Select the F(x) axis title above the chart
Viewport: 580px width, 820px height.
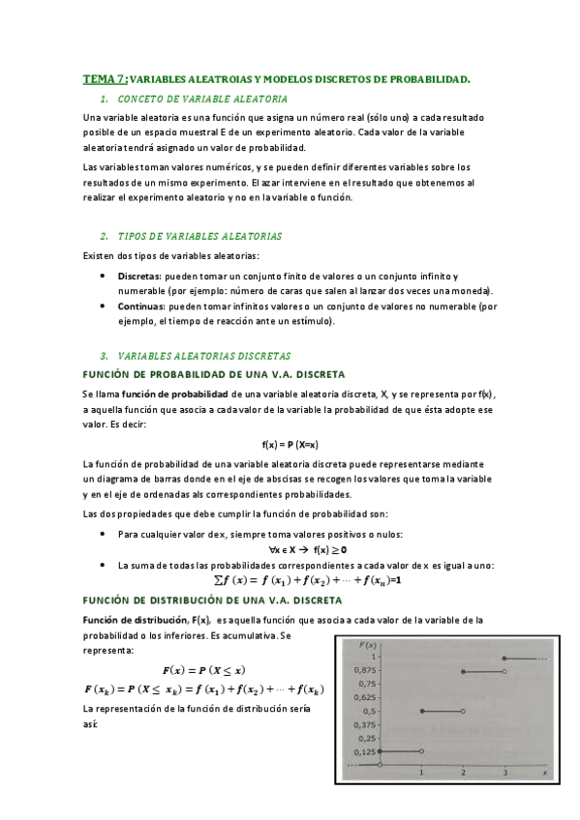(368, 643)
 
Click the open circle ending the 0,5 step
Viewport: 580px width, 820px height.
(463, 711)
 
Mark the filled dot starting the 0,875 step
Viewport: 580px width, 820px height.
(464, 671)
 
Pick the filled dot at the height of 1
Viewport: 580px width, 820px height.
(504, 658)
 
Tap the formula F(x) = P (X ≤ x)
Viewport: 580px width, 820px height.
(203, 669)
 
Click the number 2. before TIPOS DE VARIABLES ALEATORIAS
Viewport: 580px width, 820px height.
(104, 237)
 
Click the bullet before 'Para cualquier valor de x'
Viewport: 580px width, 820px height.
(104, 534)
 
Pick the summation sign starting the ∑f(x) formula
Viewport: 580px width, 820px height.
(218, 580)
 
